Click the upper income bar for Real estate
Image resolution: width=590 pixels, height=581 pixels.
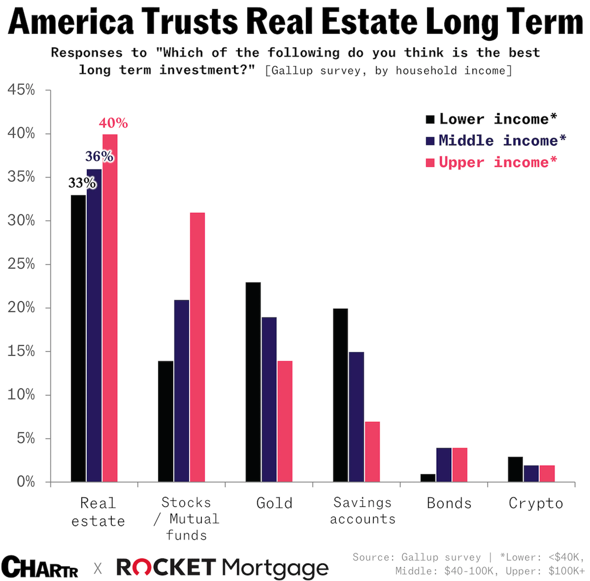pyautogui.click(x=110, y=308)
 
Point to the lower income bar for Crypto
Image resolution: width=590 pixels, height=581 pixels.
pyautogui.click(x=515, y=469)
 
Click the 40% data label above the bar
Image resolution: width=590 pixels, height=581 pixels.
pyautogui.click(x=113, y=123)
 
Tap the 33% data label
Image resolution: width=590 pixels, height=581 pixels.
pyautogui.click(x=82, y=183)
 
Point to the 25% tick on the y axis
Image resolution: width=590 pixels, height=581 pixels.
pyautogui.click(x=21, y=264)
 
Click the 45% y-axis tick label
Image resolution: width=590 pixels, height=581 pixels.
pyautogui.click(x=21, y=90)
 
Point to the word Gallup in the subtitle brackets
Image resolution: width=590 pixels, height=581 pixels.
pyautogui.click(x=292, y=71)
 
